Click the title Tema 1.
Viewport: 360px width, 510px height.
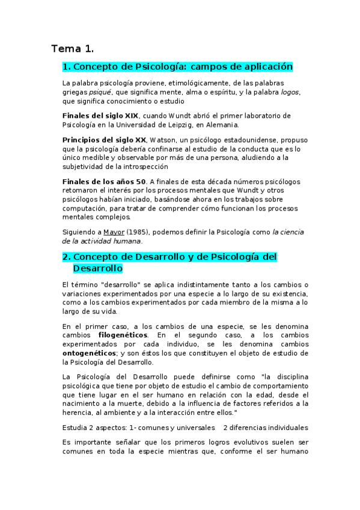tap(73, 48)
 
